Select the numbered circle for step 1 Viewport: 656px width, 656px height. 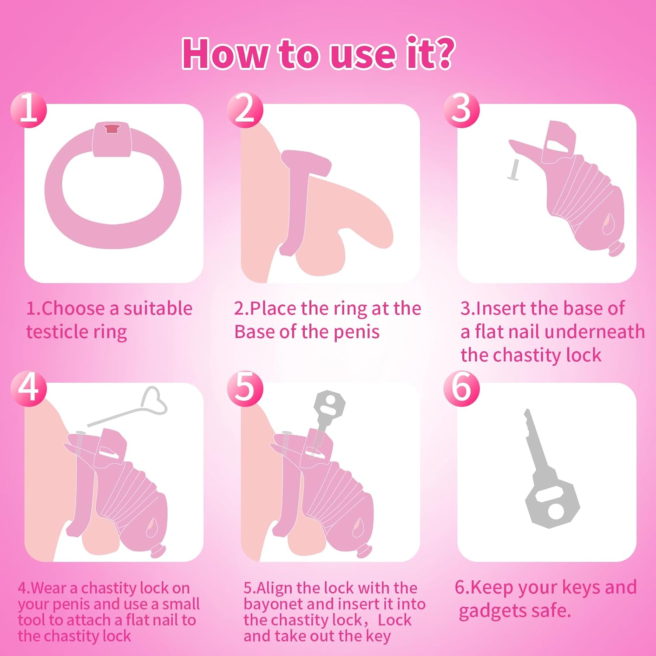click(x=28, y=109)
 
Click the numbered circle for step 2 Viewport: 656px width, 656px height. click(x=245, y=109)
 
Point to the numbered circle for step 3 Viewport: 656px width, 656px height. click(x=461, y=109)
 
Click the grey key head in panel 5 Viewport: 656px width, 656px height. click(x=330, y=405)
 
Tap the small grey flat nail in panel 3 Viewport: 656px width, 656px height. click(x=513, y=170)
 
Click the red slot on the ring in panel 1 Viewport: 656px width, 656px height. click(x=112, y=128)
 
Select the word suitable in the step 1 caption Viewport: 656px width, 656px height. click(x=158, y=308)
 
